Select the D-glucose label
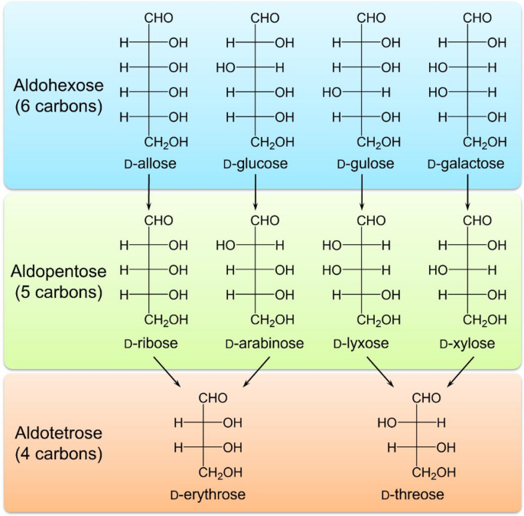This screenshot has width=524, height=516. point(255,165)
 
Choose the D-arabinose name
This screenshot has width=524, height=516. point(264,344)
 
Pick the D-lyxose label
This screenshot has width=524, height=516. point(360,344)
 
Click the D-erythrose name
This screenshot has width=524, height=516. point(207,495)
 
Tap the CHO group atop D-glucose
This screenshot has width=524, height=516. point(265,18)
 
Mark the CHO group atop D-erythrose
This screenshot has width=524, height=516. point(213,397)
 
